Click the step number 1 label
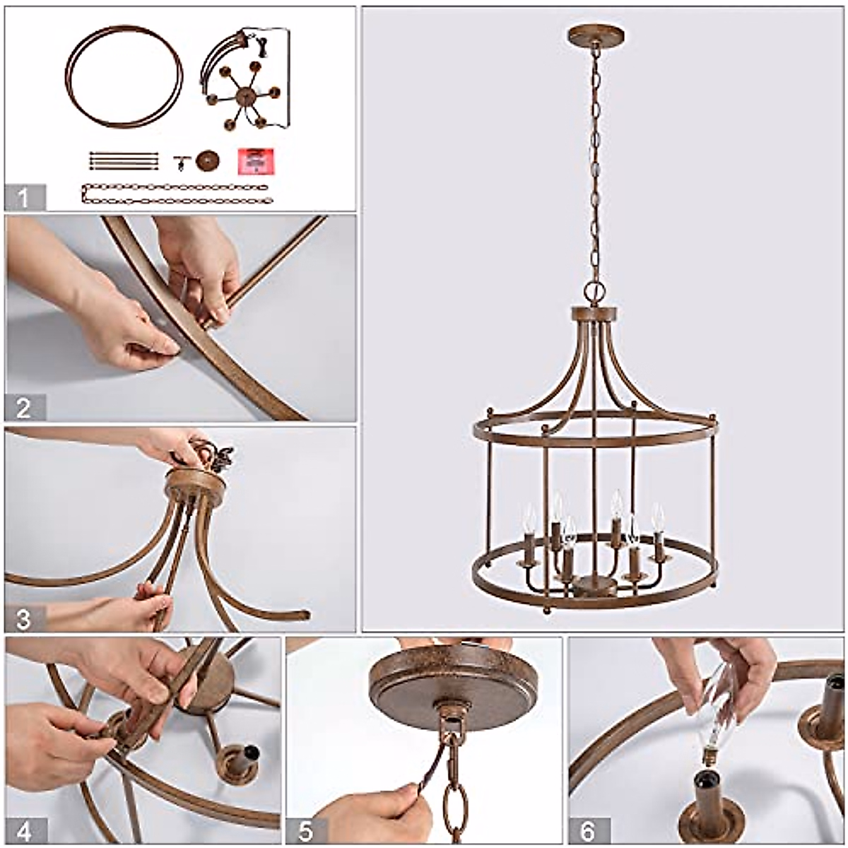click(24, 197)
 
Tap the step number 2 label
click(24, 408)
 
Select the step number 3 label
click(24, 618)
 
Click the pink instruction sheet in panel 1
click(255, 162)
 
